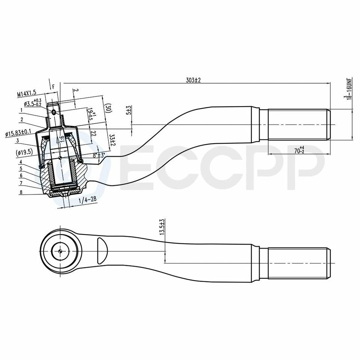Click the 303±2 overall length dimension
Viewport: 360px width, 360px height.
tap(193, 80)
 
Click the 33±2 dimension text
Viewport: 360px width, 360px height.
tap(112, 141)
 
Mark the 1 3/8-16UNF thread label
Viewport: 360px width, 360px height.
tap(349, 88)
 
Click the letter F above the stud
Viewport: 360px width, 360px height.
tap(54, 87)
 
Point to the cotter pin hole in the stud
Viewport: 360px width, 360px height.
tap(54, 112)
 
